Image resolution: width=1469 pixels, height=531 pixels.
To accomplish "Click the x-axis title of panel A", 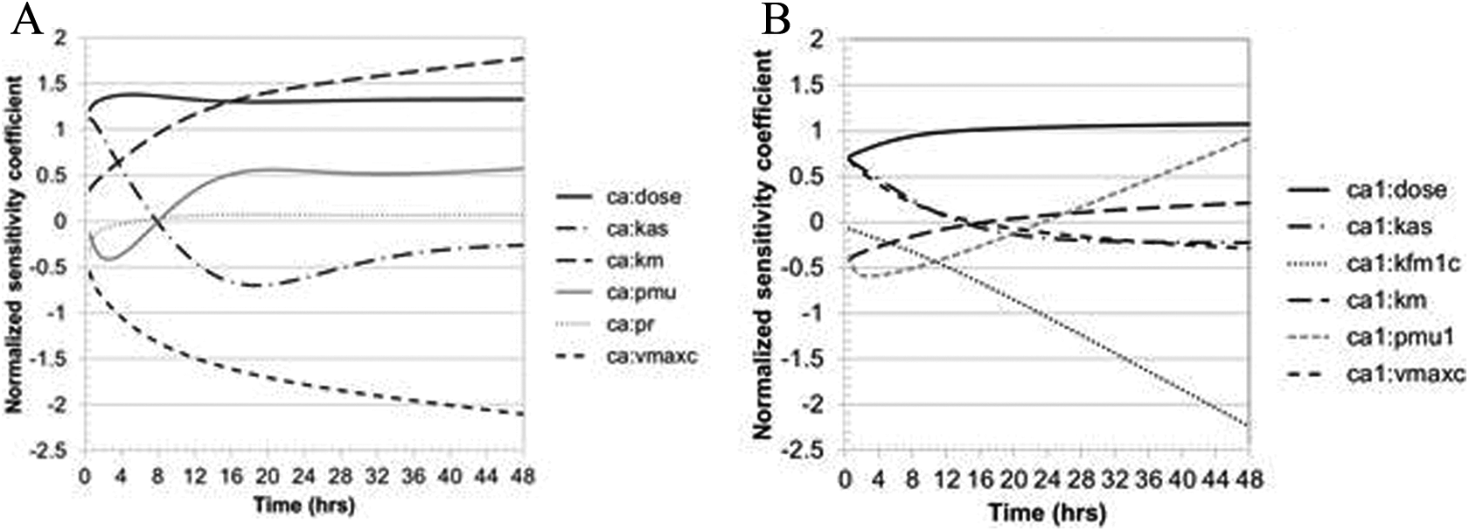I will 303,505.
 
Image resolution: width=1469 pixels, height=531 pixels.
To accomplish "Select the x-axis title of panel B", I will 1047,512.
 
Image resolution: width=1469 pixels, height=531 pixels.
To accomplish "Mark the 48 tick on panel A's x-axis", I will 522,478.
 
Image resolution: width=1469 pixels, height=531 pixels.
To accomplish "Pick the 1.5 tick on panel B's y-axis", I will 816,85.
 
